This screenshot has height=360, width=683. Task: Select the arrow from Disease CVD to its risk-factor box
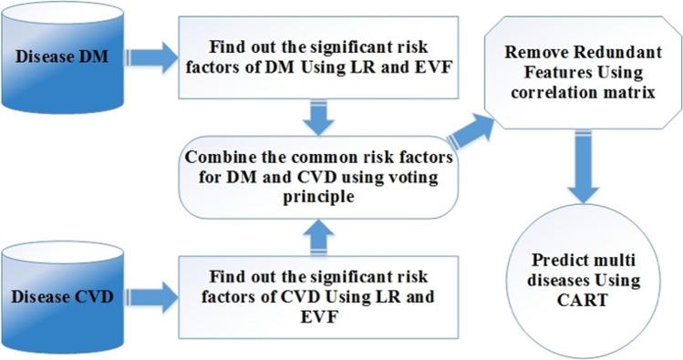[x=160, y=293]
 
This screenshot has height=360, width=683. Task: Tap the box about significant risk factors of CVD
[x=316, y=295]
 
